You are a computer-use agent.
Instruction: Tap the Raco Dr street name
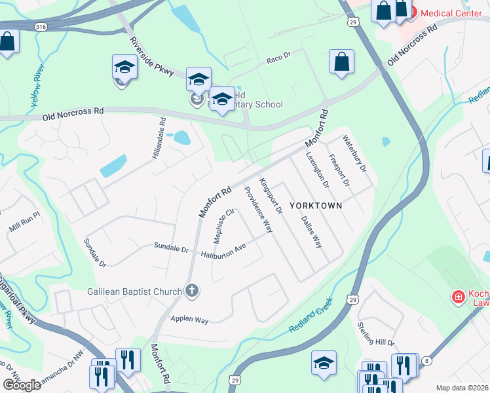pyautogui.click(x=278, y=60)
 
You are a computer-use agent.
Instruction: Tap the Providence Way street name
pyautogui.click(x=257, y=210)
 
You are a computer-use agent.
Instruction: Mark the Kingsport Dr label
pyautogui.click(x=271, y=196)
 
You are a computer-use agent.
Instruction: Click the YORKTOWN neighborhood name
pyautogui.click(x=318, y=205)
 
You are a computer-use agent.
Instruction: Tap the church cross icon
pyautogui.click(x=191, y=291)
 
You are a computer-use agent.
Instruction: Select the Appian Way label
pyautogui.click(x=189, y=320)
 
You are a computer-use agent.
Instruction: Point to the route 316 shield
pyautogui.click(x=41, y=26)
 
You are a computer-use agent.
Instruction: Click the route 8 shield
pyautogui.click(x=427, y=360)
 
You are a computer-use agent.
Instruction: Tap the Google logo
pyautogui.click(x=22, y=385)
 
